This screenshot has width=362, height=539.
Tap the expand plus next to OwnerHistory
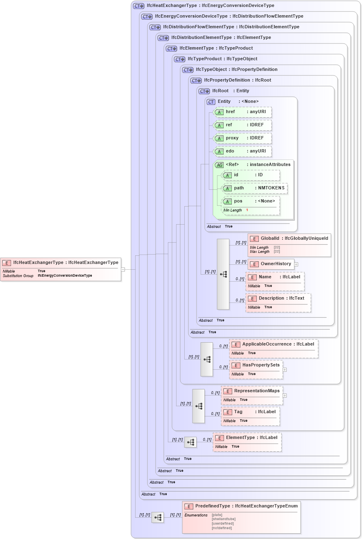pyautogui.click(x=296, y=264)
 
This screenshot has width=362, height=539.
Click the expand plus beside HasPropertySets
pyautogui.click(x=285, y=370)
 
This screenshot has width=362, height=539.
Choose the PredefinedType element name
pyautogui.click(x=213, y=506)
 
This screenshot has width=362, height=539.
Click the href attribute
pyautogui.click(x=243, y=112)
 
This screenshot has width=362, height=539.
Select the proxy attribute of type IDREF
pyautogui.click(x=243, y=138)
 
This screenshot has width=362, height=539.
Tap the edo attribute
pyautogui.click(x=243, y=151)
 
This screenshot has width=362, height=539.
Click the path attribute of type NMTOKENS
pyautogui.click(x=254, y=188)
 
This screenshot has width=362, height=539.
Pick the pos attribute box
pyautogui.click(x=250, y=201)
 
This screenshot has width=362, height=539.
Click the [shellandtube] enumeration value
pyautogui.click(x=224, y=519)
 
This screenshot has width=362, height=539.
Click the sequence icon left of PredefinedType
pyautogui.click(x=158, y=518)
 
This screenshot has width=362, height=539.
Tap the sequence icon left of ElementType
pyautogui.click(x=190, y=442)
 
